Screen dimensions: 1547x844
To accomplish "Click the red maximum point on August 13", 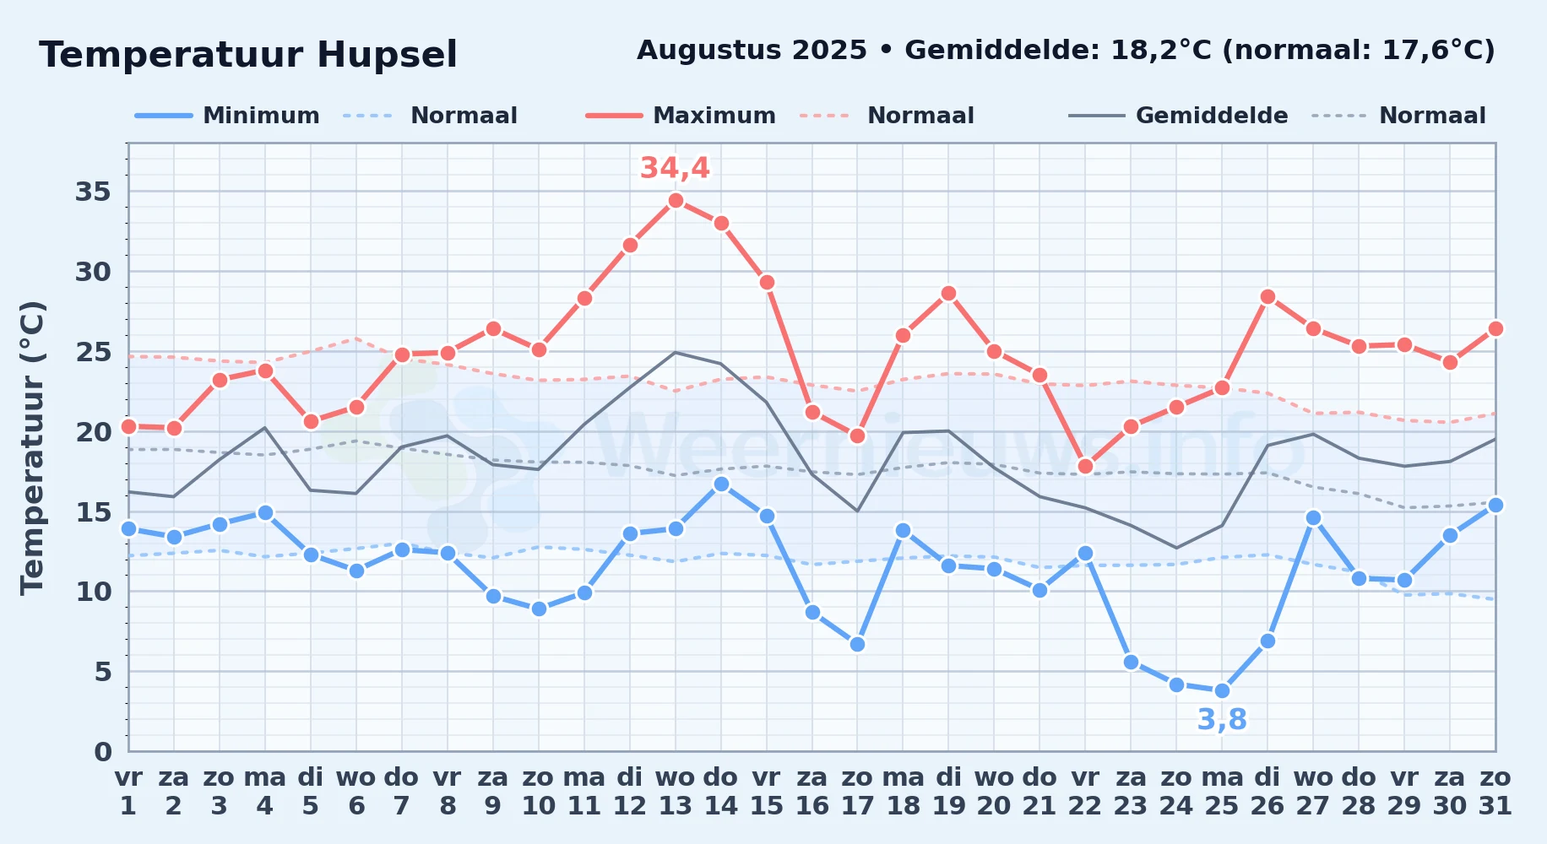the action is click(x=676, y=200).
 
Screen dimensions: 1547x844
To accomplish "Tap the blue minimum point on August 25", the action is click(x=1222, y=690).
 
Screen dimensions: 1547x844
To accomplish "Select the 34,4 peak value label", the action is click(x=675, y=168).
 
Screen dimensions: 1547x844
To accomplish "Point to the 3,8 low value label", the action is click(x=1222, y=720).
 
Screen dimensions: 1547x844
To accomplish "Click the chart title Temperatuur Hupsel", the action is click(x=248, y=55).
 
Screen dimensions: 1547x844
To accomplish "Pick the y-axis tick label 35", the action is click(x=93, y=192).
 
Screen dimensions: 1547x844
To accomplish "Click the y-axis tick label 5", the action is click(x=102, y=672).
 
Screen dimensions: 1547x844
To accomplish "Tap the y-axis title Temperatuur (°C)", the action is click(x=32, y=447).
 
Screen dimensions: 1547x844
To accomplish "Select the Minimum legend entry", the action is click(x=227, y=116).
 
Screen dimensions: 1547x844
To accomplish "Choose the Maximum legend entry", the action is click(x=681, y=116).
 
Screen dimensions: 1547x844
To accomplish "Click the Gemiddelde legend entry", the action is click(x=1179, y=116).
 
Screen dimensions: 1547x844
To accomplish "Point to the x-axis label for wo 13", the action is click(x=676, y=792).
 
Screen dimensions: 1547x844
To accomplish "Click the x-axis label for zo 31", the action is click(x=1495, y=792).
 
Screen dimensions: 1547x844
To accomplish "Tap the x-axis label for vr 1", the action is click(x=128, y=792).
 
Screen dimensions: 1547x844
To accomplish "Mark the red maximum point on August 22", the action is click(x=1085, y=466).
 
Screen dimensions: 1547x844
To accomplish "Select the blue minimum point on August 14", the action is click(x=721, y=484).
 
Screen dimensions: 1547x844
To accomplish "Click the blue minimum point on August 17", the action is click(x=857, y=644).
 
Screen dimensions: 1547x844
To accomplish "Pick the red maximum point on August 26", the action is click(x=1267, y=296).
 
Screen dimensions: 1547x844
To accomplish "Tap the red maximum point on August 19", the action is click(x=948, y=293).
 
